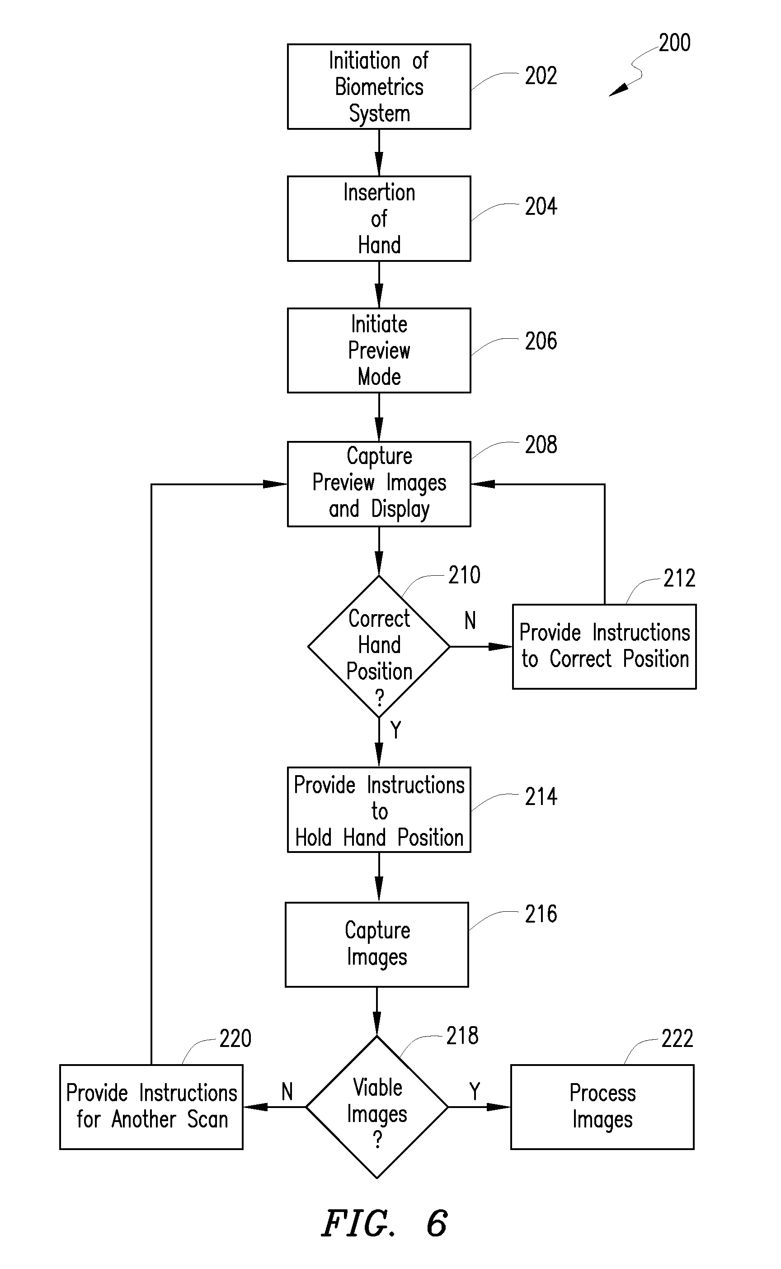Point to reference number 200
(675, 43)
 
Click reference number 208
(541, 445)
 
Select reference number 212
(679, 578)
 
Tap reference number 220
(235, 1038)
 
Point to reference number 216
(541, 914)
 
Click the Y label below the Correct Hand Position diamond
(395, 730)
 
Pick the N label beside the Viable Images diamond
(287, 1092)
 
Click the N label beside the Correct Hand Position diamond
(470, 620)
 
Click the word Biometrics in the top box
(379, 86)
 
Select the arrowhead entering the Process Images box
(499, 1107)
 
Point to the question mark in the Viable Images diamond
(377, 1139)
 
